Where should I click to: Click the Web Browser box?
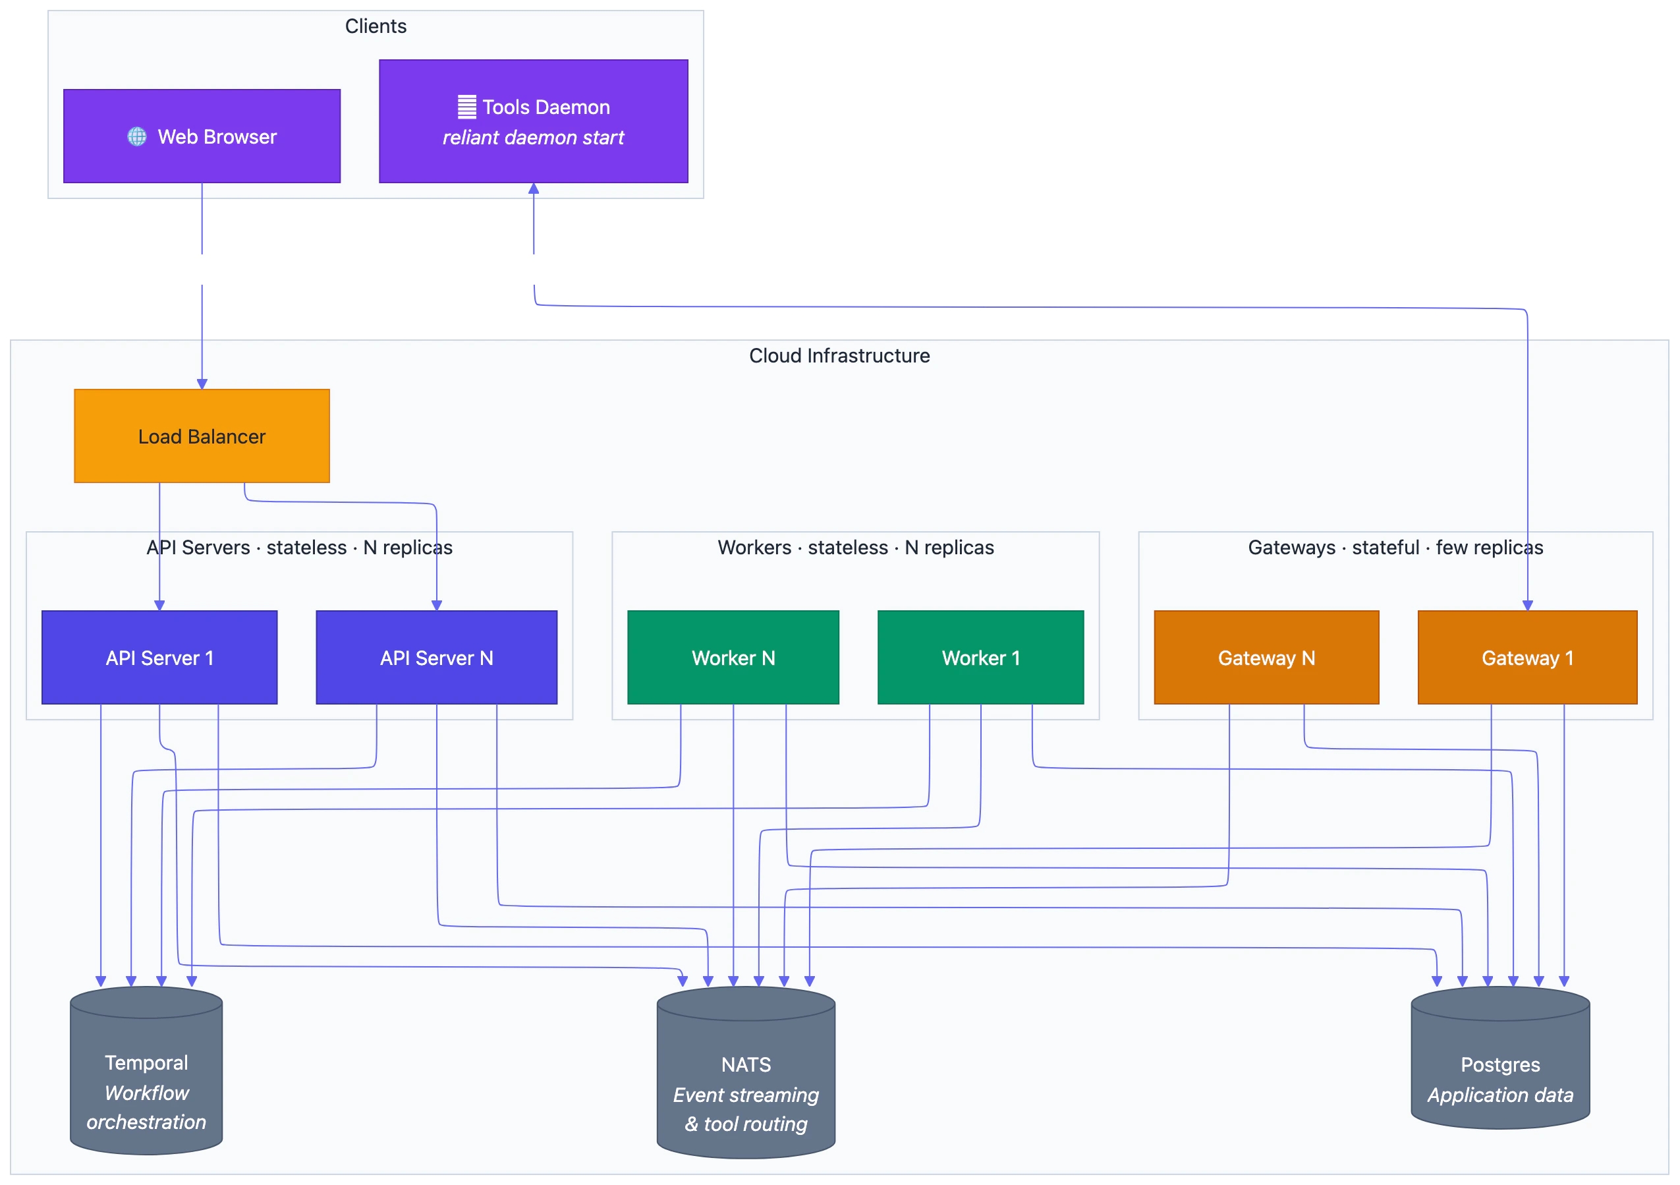pos(202,136)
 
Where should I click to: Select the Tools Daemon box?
pos(534,121)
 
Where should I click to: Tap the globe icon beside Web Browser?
pos(137,137)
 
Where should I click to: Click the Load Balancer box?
pos(202,436)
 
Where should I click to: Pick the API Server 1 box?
pos(159,657)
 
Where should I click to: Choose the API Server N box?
pos(436,657)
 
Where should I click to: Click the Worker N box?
pos(733,657)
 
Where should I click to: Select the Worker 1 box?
pos(980,657)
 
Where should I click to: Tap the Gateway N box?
pos(1266,657)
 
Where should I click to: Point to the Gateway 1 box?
pos(1527,657)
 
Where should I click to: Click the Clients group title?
pos(376,26)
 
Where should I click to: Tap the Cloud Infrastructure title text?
pos(839,356)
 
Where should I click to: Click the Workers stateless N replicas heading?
pos(855,548)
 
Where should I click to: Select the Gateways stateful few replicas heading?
pos(1395,548)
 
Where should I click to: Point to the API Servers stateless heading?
pos(299,548)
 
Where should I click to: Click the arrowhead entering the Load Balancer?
pos(202,384)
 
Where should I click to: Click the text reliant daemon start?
pos(534,138)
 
